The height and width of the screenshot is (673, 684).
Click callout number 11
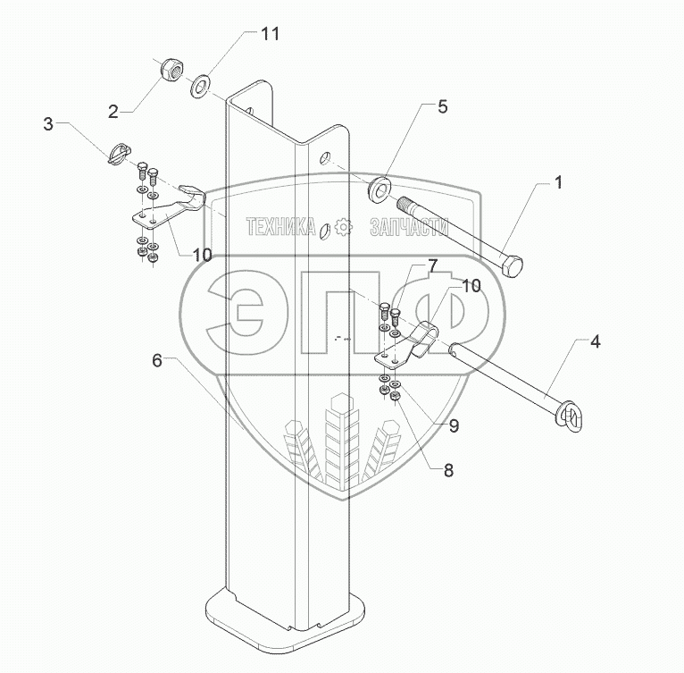pos(269,34)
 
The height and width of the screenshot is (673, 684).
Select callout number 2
pos(113,111)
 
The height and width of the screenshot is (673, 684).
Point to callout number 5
pos(443,107)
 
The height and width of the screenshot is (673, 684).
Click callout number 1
pos(557,183)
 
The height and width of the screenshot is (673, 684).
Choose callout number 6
pos(157,360)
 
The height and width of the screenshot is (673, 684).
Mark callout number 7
pos(431,265)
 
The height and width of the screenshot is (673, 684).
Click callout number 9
pos(454,425)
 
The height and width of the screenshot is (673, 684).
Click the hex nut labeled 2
pos(169,70)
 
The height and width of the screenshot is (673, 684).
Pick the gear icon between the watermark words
pos(342,229)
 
